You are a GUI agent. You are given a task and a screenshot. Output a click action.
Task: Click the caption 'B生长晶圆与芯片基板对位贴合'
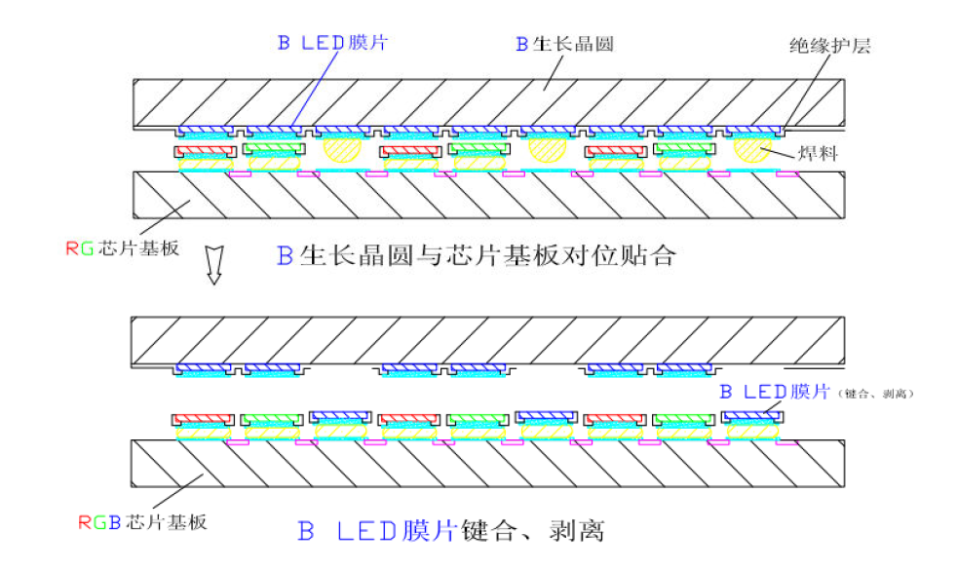476,257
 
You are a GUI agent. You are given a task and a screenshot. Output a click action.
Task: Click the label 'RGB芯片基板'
142,521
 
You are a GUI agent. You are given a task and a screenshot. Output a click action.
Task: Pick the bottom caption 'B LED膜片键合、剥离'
450,532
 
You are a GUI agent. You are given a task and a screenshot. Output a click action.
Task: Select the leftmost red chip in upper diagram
205,151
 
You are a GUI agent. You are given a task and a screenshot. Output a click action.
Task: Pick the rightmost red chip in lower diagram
614,420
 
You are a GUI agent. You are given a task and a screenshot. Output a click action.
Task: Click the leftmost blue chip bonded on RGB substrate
341,416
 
